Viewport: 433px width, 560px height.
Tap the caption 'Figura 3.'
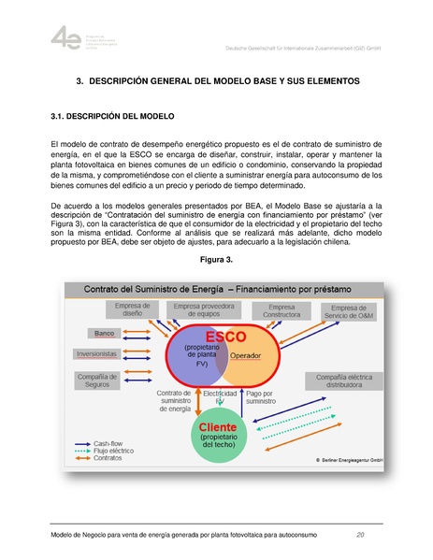[216, 258]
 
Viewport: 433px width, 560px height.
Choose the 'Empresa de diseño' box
[132, 310]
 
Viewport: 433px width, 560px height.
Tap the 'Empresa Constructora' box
[281, 311]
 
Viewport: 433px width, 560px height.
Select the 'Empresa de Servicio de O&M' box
[349, 312]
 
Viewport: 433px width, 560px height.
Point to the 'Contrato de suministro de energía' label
[174, 401]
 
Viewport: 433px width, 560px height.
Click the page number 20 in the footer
[360, 535]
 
